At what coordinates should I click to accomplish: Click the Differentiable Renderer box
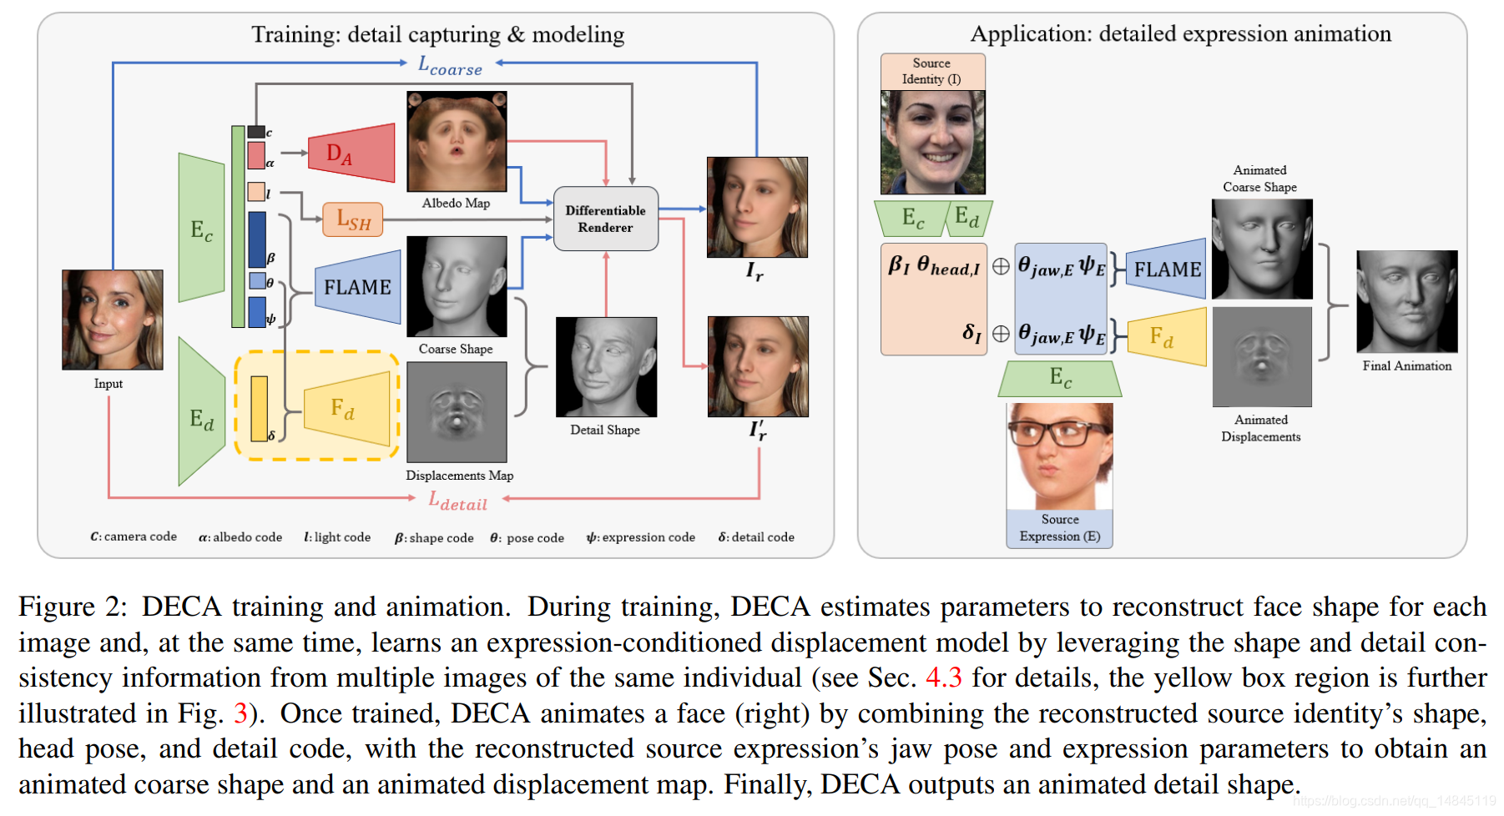[x=606, y=219]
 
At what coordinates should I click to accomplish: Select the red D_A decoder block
[x=351, y=154]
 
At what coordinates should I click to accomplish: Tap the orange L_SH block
[x=353, y=219]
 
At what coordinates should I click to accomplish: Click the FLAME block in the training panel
[x=358, y=287]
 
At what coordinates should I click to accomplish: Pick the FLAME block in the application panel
[x=1166, y=269]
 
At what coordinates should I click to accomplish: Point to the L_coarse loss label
[x=451, y=66]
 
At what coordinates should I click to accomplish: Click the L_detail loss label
[x=458, y=501]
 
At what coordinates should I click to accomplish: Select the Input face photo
[x=113, y=320]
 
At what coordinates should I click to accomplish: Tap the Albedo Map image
[x=457, y=142]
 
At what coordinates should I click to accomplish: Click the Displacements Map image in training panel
[x=457, y=412]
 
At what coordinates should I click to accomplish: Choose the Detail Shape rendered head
[x=606, y=367]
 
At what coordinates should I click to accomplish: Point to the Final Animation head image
[x=1406, y=301]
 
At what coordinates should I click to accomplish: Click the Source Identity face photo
[x=932, y=142]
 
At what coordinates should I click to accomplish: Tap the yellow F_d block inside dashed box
[x=346, y=409]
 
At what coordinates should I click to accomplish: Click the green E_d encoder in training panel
[x=201, y=417]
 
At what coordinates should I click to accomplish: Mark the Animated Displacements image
[x=1261, y=357]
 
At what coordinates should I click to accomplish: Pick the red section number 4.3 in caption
[x=943, y=677]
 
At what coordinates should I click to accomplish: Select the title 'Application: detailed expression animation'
[x=1180, y=34]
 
